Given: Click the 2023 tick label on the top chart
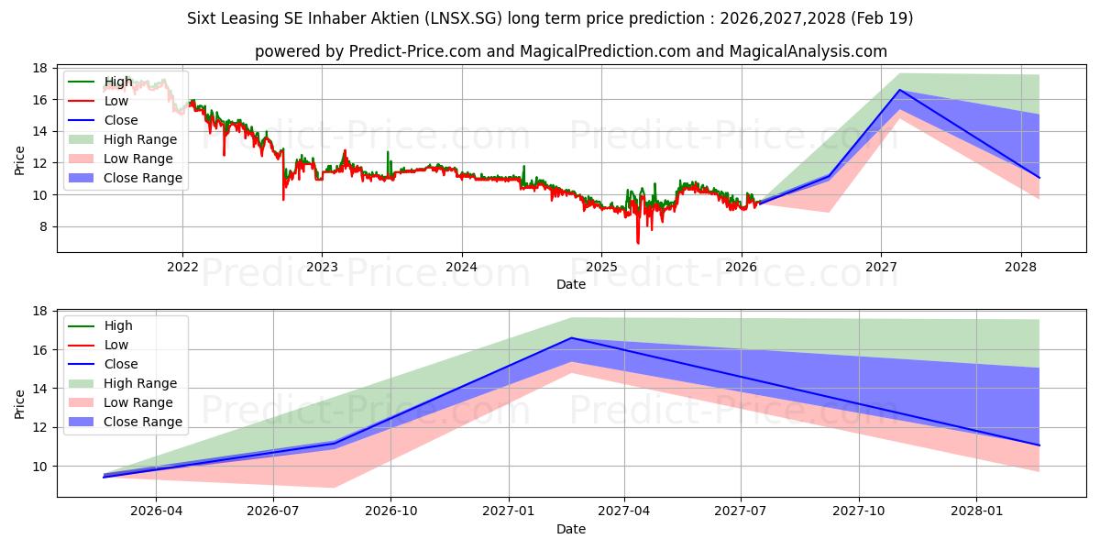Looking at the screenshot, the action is coord(322,267).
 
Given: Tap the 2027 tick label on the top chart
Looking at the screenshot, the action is coord(881,267).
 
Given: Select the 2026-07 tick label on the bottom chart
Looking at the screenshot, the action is coord(273,511).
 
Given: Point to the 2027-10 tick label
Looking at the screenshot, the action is coord(859,511).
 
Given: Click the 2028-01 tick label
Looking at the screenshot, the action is coord(976,511).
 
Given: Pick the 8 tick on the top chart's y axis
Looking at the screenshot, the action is coord(43,227).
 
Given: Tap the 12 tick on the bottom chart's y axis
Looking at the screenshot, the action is coord(39,428).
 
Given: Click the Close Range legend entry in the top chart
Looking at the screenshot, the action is coord(126,178).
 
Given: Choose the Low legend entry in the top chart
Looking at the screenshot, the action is coord(98,101).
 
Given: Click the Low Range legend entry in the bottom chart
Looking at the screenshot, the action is coord(121,402).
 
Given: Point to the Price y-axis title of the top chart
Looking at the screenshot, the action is coord(19,160).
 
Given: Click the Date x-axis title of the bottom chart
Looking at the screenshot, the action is coord(571,529).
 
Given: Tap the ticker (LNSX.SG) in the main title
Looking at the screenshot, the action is coord(463,18).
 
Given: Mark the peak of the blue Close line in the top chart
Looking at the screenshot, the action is coord(899,90).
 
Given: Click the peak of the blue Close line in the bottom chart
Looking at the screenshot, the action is coord(571,338).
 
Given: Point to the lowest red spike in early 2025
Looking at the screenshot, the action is coord(638,243).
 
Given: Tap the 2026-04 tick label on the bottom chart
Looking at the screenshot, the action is coord(156,511).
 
